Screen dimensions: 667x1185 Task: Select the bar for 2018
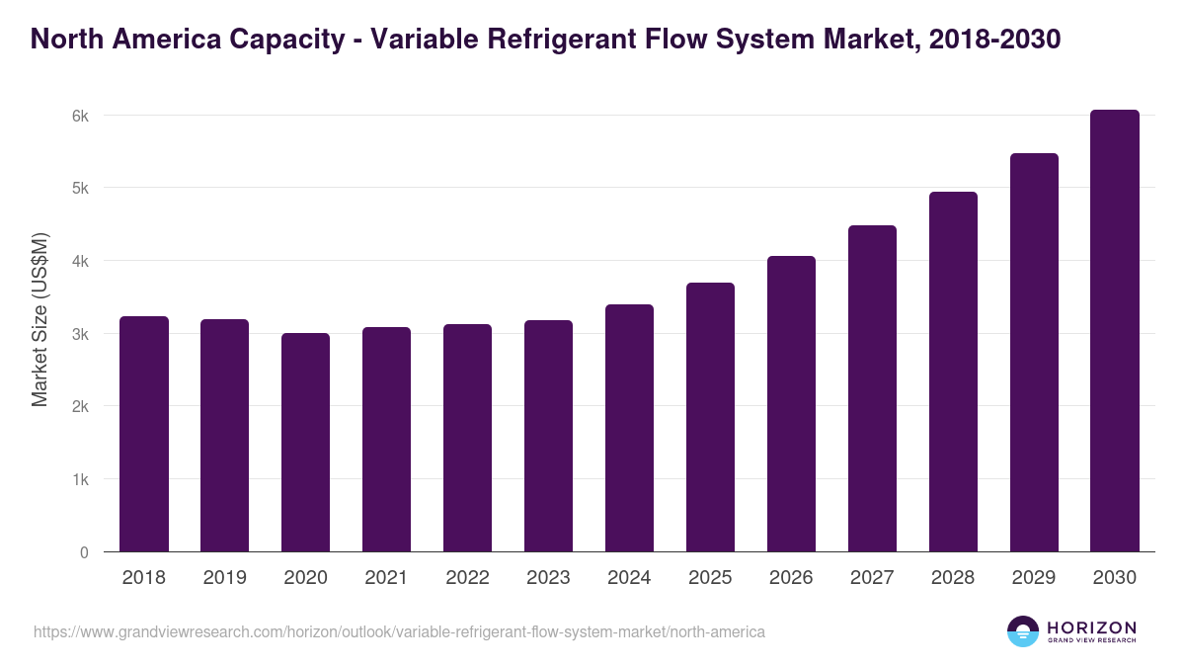tap(144, 435)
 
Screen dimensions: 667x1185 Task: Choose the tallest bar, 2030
tap(1115, 331)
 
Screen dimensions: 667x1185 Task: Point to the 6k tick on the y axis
tap(80, 116)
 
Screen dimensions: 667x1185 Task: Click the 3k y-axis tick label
tap(80, 334)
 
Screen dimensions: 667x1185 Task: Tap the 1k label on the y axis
tap(80, 479)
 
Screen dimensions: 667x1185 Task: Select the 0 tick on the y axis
tap(84, 552)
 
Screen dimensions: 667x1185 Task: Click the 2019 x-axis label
tap(225, 578)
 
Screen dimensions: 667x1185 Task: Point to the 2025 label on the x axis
tap(710, 578)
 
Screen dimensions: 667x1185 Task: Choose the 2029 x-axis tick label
tap(1034, 578)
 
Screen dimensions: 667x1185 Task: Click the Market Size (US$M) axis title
tap(39, 320)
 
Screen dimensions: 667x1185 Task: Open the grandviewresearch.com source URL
tap(399, 631)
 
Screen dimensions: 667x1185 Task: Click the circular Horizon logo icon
tap(1023, 631)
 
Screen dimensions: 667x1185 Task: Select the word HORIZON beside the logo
tap(1091, 627)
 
